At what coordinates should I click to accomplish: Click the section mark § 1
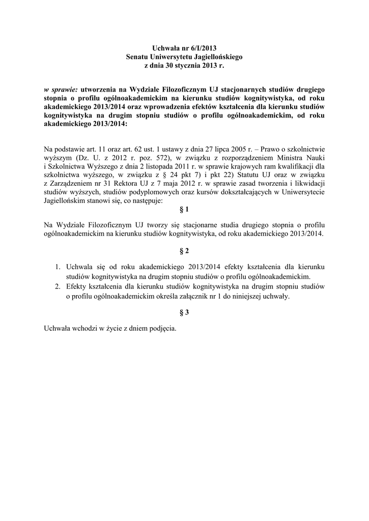(184, 210)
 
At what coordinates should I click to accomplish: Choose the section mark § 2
(184, 251)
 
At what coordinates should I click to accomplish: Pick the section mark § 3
(184, 313)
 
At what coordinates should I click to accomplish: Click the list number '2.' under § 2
(58, 287)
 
